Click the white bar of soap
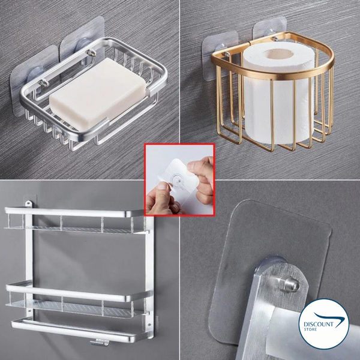tap(98, 94)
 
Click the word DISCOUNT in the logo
tap(319, 325)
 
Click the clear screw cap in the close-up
tap(289, 284)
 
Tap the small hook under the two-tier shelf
tap(100, 343)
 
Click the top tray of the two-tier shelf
tap(74, 221)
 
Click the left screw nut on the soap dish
tap(44, 83)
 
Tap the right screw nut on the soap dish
tap(91, 52)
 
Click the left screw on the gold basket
tap(227, 54)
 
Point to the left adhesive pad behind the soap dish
tap(34, 80)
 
